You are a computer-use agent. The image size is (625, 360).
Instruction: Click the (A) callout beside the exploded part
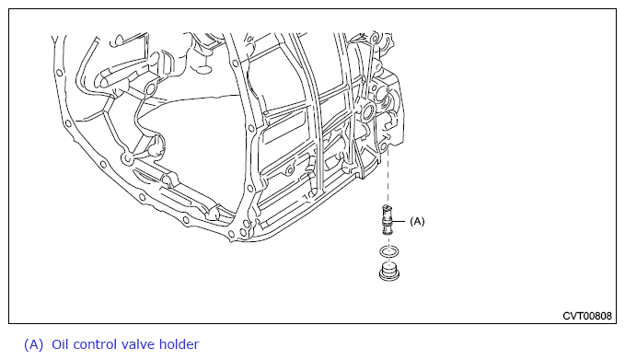click(x=417, y=221)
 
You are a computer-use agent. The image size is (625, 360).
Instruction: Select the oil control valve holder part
click(x=387, y=220)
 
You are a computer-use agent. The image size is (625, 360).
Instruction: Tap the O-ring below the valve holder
click(x=388, y=252)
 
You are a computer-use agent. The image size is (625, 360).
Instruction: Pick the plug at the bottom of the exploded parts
click(x=389, y=271)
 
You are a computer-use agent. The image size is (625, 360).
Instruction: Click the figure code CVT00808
click(x=586, y=316)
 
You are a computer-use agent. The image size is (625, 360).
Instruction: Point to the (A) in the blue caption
click(x=33, y=344)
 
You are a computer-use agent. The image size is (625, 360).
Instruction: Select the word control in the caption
click(x=95, y=344)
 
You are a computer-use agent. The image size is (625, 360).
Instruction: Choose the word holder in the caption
click(x=179, y=344)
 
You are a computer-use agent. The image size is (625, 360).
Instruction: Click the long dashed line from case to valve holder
click(x=388, y=178)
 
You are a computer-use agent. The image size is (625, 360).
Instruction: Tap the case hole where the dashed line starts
click(x=384, y=146)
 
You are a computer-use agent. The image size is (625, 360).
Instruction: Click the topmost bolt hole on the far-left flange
click(x=60, y=73)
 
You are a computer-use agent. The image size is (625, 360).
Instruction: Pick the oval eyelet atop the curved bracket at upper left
click(x=149, y=89)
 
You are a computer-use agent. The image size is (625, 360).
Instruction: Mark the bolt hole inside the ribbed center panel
click(x=290, y=172)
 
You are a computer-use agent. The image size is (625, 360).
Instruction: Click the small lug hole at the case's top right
click(x=374, y=39)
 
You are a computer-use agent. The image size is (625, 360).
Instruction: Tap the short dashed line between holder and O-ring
click(x=388, y=241)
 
